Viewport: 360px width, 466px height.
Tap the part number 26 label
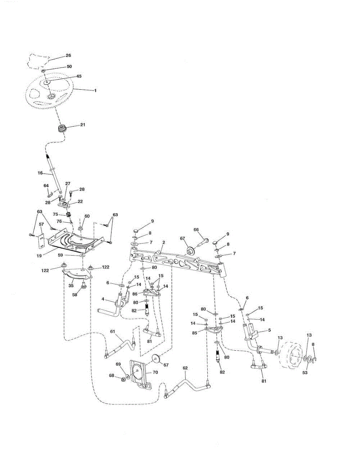point(68,56)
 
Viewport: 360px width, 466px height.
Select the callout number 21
point(82,125)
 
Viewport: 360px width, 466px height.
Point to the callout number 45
point(78,76)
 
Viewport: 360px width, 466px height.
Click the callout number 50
point(69,67)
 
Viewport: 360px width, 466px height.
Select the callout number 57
point(41,224)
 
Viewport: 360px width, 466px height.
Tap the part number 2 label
point(164,242)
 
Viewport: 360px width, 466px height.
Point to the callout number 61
point(113,331)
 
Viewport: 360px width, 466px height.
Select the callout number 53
point(305,372)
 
